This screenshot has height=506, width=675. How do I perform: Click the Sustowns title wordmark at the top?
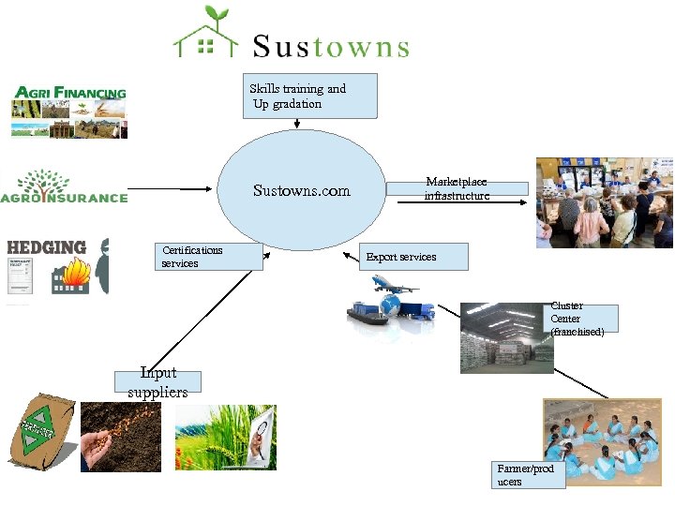tap(330, 46)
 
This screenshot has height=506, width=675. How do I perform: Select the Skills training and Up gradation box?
tap(310, 96)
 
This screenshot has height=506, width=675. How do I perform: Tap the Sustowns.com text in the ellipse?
tap(302, 191)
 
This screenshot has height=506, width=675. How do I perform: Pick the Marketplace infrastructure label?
tap(457, 188)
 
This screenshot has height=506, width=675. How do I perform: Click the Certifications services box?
tap(209, 256)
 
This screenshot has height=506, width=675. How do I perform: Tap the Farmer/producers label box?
tap(530, 475)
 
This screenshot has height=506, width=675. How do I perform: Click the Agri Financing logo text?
tap(69, 94)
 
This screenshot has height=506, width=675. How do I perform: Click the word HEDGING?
tap(47, 247)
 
